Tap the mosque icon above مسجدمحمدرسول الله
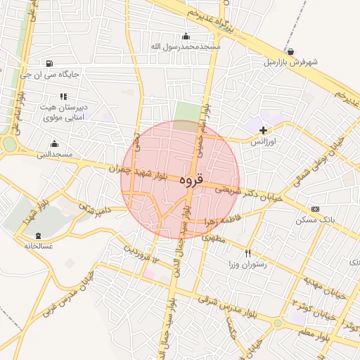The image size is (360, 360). click(186, 37)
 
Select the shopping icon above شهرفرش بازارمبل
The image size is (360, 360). click(291, 52)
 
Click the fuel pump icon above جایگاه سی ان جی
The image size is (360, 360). click(48, 63)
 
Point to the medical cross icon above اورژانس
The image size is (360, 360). click(264, 130)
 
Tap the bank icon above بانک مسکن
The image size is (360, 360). click(314, 209)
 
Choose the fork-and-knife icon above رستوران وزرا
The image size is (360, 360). click(247, 253)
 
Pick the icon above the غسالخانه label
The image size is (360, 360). click(38, 236)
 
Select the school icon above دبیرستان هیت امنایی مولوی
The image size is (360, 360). click(63, 96)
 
